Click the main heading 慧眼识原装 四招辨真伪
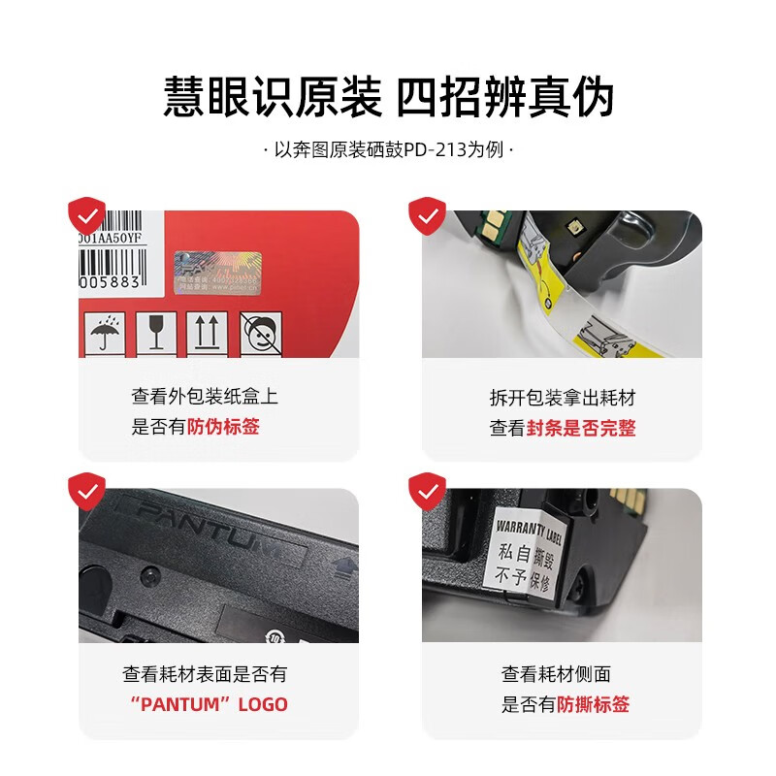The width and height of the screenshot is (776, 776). point(388,97)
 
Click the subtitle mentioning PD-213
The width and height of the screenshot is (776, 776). point(388,152)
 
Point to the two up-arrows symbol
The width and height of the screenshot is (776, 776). point(206,334)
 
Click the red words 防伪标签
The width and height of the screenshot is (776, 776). point(223,427)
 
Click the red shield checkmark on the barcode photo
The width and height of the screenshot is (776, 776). point(87,214)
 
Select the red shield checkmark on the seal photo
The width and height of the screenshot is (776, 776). point(426,214)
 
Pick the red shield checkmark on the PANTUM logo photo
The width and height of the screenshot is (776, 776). point(87,491)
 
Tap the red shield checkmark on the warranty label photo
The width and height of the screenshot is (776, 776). point(426,491)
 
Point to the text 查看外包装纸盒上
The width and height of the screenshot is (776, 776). point(205,397)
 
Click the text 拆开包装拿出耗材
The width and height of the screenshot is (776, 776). point(563,398)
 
